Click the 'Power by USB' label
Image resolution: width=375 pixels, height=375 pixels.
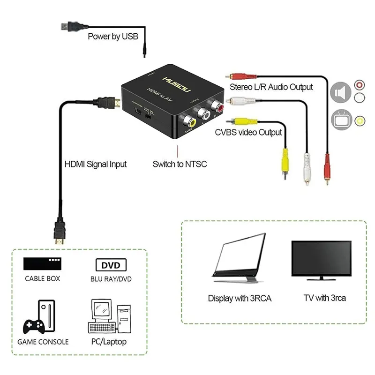[x=113, y=36]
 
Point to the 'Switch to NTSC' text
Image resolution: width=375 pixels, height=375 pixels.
[x=180, y=164]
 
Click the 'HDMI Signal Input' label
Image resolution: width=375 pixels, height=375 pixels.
[x=95, y=164]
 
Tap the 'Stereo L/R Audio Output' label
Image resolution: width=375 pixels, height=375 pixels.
[x=271, y=87]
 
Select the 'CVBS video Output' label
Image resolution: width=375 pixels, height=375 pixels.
[x=248, y=132]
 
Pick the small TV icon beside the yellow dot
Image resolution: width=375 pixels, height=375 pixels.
[x=341, y=120]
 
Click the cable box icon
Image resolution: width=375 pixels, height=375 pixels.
[x=42, y=263]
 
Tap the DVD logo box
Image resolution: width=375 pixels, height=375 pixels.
[x=111, y=265]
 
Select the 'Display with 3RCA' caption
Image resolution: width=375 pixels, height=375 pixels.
[x=240, y=298]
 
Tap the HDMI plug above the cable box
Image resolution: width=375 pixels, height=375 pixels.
[x=60, y=233]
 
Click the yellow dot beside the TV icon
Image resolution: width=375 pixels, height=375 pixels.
[x=360, y=120]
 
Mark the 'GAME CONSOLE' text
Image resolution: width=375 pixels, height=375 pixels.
[x=43, y=342]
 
